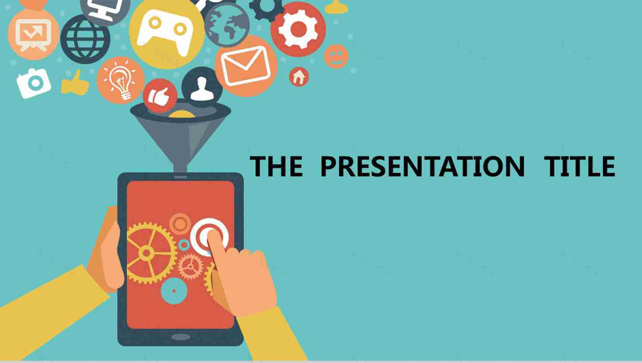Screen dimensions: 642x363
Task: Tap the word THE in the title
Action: point(276,166)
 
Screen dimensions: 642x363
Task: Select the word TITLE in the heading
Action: point(580,166)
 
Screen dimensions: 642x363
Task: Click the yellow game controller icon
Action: point(166,32)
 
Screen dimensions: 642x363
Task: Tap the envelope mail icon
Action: point(246,66)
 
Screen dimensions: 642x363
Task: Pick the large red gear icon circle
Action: point(298,30)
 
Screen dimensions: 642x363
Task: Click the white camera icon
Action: point(34,83)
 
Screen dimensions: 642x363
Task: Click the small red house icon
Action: point(299,77)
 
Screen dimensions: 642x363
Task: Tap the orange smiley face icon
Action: point(336,56)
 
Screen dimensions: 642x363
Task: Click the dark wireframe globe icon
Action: point(85,39)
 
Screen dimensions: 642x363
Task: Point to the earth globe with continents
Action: point(227,25)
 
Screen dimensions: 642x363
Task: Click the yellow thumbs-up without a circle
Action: point(75,83)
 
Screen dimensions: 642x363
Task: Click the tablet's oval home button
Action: point(181,337)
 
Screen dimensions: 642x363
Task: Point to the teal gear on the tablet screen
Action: point(174,291)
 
